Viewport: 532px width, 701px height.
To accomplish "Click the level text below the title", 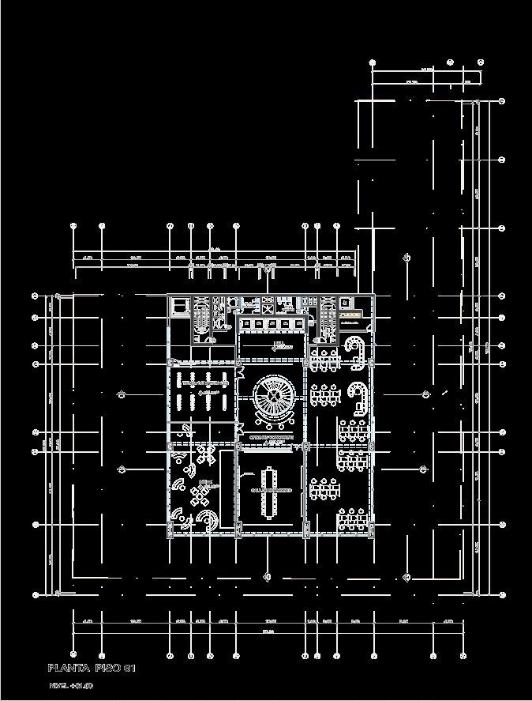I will click(71, 685).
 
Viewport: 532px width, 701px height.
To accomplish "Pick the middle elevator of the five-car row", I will click(270, 324).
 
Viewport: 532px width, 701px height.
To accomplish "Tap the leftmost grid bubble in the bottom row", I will click(73, 655).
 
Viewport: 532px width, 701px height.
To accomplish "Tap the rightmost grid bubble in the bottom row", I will click(463, 655).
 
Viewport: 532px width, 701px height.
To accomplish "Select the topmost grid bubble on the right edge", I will click(502, 101).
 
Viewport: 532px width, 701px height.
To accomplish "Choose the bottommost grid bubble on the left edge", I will click(36, 594).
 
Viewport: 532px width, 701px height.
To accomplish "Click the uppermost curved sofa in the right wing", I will click(357, 346).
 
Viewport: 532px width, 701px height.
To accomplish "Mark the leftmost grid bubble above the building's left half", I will click(73, 226).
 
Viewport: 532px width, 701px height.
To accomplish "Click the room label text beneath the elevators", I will click(278, 345).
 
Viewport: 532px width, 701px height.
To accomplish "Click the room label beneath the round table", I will click(271, 437).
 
